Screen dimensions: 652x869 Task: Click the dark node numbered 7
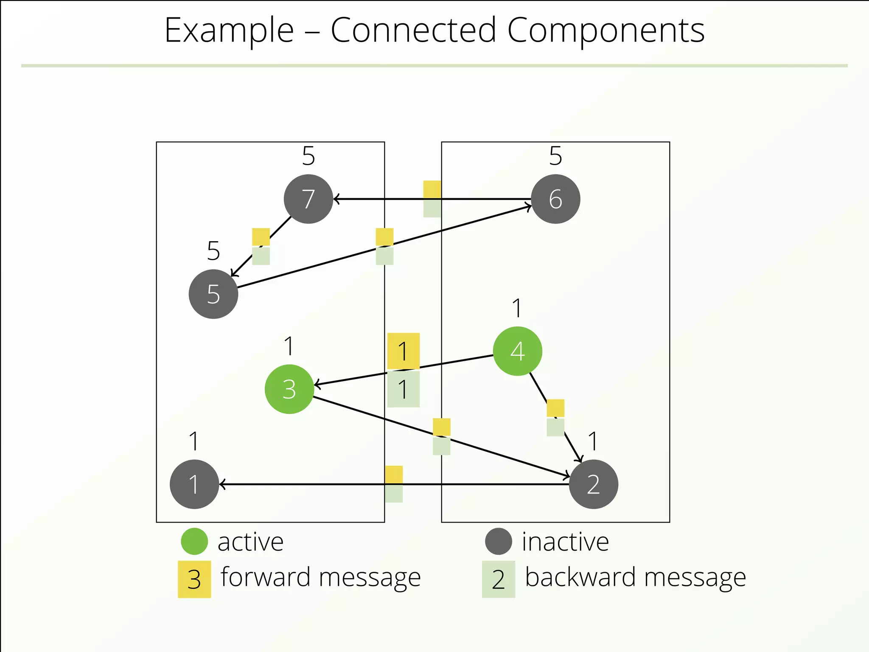[x=308, y=199]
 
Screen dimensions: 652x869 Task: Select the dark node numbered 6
[x=555, y=199]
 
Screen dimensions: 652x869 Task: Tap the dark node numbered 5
[x=213, y=294]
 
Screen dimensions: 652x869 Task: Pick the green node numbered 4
[x=517, y=351]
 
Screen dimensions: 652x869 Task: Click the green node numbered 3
[x=289, y=389]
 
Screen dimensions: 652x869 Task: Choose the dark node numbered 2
[x=593, y=484]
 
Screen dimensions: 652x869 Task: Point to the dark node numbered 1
[x=194, y=484]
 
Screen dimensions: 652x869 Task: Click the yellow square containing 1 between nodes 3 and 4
[x=403, y=351]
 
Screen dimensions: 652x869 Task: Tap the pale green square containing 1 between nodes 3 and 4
[x=403, y=389]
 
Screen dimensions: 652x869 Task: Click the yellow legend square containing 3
[x=194, y=579]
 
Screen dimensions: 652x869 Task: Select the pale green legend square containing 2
[x=498, y=579]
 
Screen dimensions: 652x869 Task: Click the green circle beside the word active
[x=194, y=541]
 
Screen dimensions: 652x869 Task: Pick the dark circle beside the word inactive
[x=498, y=541]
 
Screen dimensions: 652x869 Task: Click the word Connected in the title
[x=413, y=31]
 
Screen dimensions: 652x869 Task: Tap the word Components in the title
[x=605, y=31]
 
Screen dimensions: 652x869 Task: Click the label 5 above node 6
[x=555, y=156]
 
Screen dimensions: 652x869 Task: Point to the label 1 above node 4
[x=517, y=308]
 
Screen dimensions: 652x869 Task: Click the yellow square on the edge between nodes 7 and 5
[x=261, y=237]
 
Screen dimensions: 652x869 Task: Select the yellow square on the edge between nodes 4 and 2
[x=555, y=408]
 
